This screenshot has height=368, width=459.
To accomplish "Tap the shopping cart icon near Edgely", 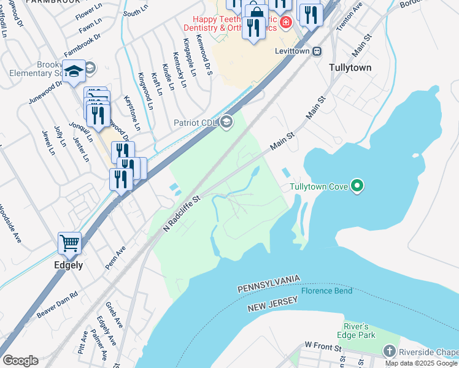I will coord(69,243).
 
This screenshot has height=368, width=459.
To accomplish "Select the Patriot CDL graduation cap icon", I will coord(226,122).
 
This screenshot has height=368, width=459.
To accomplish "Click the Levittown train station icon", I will coord(317,52).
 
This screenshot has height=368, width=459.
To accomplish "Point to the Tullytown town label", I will coord(350,68).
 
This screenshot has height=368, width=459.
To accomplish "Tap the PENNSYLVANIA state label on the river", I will coord(268,283).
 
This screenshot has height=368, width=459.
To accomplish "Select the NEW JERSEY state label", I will coord(272,303).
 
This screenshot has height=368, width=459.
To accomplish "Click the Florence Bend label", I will coord(326,291).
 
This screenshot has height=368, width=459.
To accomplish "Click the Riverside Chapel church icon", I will coord(388,351).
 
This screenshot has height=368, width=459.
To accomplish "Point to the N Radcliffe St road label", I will coord(182,214).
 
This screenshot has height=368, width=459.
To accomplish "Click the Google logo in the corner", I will coord(20,361).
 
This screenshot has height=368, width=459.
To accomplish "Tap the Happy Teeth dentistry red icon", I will coord(285,23).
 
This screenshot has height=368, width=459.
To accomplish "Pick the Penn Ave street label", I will coord(115,259).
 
